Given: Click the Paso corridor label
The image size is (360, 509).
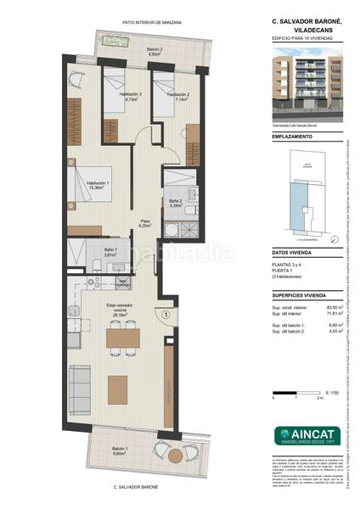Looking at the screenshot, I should tap(145, 224).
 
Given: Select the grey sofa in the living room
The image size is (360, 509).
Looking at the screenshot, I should tap(81, 385).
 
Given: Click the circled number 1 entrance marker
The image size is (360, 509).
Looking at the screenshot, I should tap(167, 315).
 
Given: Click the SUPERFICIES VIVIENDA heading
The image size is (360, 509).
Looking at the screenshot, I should tap(299, 295).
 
